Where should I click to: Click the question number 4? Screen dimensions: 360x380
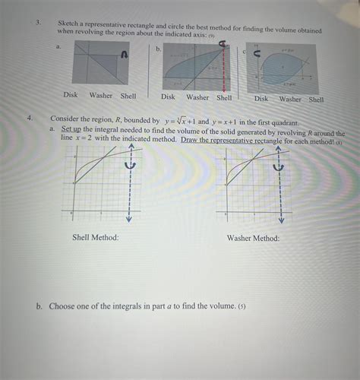pos(29,119)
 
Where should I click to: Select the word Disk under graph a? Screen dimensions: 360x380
pos(71,95)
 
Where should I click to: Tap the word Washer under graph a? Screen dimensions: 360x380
pos(102,95)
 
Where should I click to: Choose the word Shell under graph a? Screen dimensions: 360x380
pos(129,95)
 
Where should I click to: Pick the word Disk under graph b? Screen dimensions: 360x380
pos(169,97)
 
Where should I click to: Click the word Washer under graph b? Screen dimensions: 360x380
pos(197,97)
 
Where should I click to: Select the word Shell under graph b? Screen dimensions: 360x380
pos(224,97)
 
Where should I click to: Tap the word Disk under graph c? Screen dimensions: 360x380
pos(261,98)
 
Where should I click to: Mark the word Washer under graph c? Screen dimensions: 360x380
pos(290,99)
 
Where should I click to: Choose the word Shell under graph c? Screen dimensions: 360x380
pos(317,99)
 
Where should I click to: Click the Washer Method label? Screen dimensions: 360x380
pos(254,238)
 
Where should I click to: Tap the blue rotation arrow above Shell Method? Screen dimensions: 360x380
pos(129,166)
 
